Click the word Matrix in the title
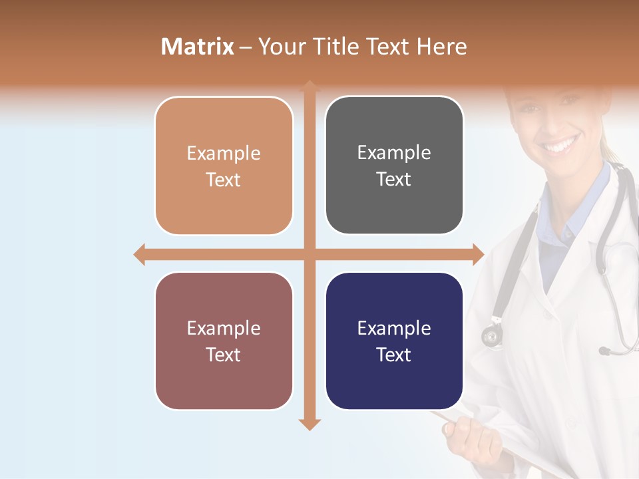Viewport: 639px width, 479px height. pos(197,47)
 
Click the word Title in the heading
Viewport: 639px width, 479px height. pos(341,47)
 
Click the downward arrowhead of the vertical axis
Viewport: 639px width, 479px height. pos(310,424)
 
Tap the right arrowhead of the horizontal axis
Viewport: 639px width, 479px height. pos(478,254)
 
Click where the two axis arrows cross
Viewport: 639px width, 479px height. pos(310,254)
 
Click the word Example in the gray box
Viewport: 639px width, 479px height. pos(394,153)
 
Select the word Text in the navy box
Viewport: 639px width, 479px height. pos(394,355)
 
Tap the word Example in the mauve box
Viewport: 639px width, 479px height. pos(224,329)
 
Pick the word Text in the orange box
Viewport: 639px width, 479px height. pos(224,180)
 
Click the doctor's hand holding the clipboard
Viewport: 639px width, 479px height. pos(466,436)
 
